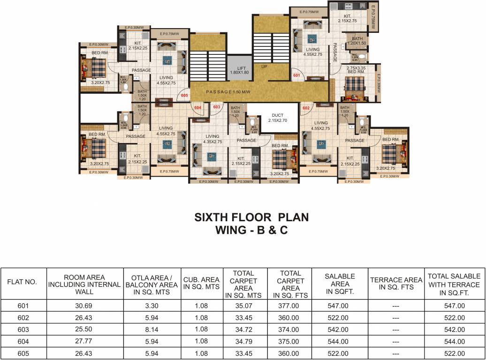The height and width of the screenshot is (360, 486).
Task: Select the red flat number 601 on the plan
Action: tap(296, 75)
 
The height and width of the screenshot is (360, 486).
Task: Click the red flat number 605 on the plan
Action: tap(184, 96)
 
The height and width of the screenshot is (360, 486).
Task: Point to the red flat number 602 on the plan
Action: tap(306, 107)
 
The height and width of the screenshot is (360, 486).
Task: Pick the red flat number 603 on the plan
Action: tap(216, 107)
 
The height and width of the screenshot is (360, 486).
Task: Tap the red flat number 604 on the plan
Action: tap(198, 107)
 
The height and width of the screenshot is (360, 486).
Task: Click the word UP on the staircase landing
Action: tap(265, 67)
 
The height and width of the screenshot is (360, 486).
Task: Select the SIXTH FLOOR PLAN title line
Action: tap(251, 218)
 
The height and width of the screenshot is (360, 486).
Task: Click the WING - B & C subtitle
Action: tap(251, 230)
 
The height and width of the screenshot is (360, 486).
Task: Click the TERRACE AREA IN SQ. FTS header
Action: tap(396, 284)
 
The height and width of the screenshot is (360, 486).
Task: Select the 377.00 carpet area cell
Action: tap(290, 306)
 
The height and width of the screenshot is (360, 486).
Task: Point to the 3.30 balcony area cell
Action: tap(152, 306)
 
